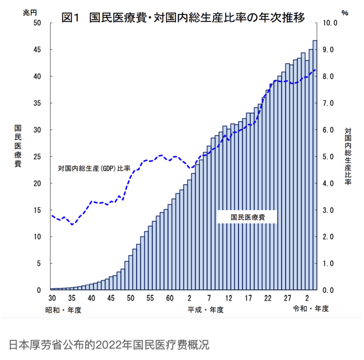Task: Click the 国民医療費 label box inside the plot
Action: tap(248, 217)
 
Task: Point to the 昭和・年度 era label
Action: tap(63, 310)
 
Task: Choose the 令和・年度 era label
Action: tap(311, 309)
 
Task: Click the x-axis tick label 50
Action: tap(130, 299)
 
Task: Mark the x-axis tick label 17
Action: tap(248, 299)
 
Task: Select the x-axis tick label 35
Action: tap(72, 299)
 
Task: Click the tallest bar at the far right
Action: tap(315, 164)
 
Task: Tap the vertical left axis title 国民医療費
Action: tap(18, 145)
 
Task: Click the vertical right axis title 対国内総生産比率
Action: tap(348, 156)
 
